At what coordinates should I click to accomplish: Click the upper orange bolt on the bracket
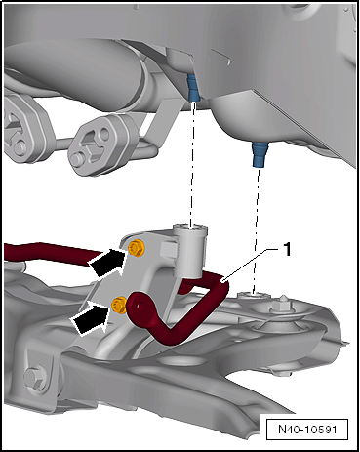click(x=136, y=249)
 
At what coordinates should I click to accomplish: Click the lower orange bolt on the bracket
click(x=119, y=306)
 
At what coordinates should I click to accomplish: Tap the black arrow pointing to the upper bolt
click(x=107, y=262)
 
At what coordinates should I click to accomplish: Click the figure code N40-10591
click(x=307, y=430)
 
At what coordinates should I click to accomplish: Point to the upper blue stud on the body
click(x=192, y=87)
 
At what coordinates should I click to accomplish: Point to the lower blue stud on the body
click(x=260, y=155)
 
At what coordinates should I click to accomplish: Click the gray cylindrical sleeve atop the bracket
click(x=190, y=251)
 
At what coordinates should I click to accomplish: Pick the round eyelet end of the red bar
click(x=140, y=307)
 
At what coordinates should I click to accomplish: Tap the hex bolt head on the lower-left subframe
click(x=34, y=380)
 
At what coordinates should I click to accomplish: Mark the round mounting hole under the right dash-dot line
click(x=254, y=296)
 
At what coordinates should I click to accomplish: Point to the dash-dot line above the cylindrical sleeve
click(x=193, y=164)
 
